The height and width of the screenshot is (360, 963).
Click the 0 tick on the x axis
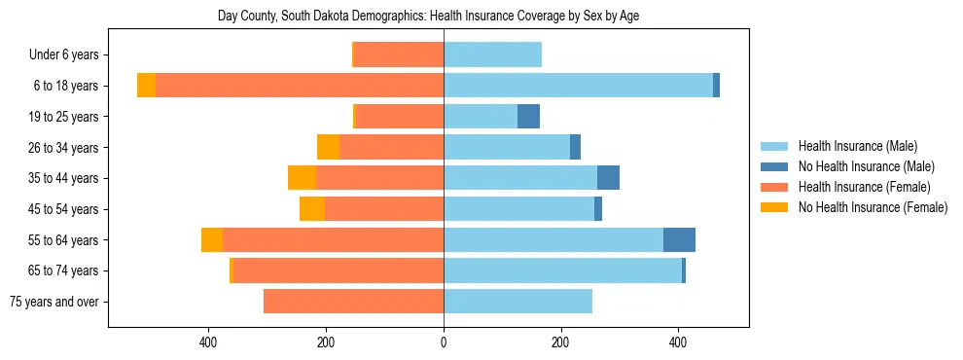(x=444, y=342)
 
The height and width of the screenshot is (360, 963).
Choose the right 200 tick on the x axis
(x=560, y=342)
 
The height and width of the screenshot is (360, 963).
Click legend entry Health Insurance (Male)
(x=857, y=146)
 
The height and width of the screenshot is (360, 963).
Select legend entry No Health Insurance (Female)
(x=873, y=207)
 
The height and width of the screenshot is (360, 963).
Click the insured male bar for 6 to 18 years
(x=578, y=86)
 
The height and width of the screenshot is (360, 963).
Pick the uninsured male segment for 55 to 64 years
(x=679, y=240)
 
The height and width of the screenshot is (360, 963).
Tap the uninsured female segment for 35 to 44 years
(x=302, y=178)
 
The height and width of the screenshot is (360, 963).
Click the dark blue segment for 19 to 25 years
(x=528, y=117)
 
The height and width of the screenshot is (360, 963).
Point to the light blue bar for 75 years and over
(x=517, y=302)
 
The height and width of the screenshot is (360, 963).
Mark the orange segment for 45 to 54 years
(x=312, y=209)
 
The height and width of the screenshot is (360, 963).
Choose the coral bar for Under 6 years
(x=399, y=55)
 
